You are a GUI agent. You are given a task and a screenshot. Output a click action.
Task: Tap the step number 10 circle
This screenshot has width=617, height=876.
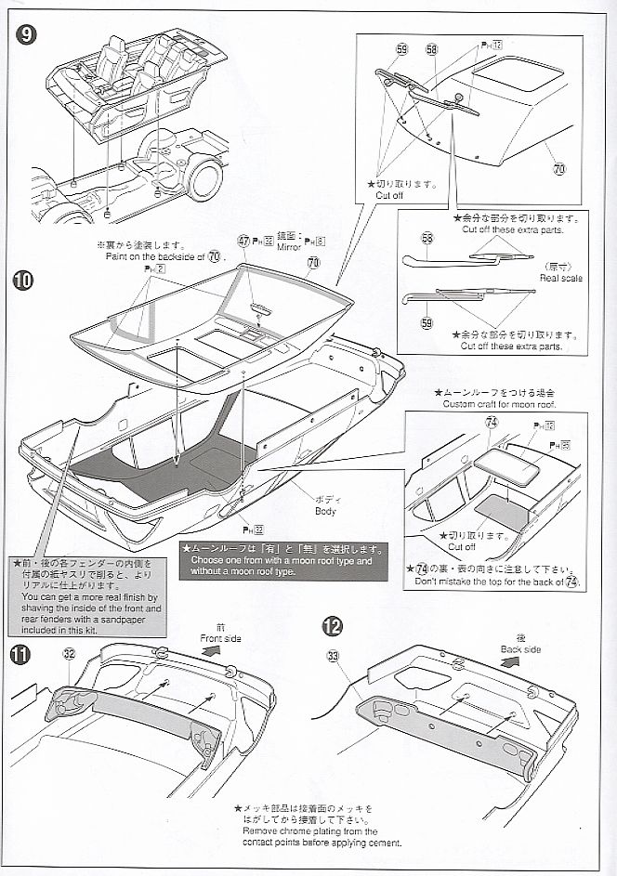coord(26,279)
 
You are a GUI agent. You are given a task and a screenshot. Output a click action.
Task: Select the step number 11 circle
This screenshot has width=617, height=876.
coord(20,655)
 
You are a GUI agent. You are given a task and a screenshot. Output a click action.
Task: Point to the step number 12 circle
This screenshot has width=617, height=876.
coord(332,627)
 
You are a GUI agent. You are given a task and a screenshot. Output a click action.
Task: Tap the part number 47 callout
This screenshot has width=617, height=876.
coord(243,240)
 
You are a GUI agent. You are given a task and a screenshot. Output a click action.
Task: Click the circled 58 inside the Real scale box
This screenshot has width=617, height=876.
coord(427,239)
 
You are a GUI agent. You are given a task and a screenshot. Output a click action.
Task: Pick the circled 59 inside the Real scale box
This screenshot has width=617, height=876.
coord(427,322)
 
